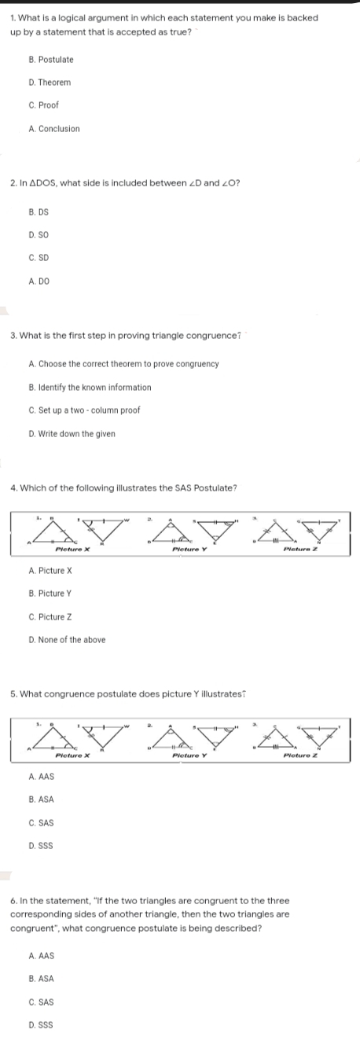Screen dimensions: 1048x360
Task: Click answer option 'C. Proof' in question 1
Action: (x=43, y=105)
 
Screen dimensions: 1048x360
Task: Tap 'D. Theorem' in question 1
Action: (x=49, y=83)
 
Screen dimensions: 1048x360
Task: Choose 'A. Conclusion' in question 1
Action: (x=53, y=128)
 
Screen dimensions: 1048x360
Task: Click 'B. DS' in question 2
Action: (x=38, y=212)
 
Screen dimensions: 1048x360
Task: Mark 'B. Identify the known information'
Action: (x=90, y=388)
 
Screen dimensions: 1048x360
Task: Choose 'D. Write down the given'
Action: (x=72, y=433)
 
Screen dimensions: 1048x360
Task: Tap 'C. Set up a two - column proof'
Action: (x=84, y=410)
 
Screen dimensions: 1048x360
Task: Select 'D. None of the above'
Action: (x=67, y=639)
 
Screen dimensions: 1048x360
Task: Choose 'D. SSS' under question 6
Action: (x=41, y=1026)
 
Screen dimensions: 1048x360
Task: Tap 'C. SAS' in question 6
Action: (x=41, y=1002)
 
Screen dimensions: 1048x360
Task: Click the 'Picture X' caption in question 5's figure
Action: (x=73, y=734)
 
